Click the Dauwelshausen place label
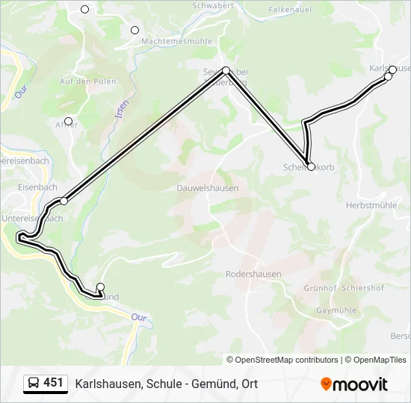(x=208, y=188)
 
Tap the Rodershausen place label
(x=253, y=274)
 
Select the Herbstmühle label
(x=371, y=204)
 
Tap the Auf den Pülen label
(x=87, y=81)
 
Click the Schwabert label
(x=213, y=5)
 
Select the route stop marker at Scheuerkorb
(x=311, y=166)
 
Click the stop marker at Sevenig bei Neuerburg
(x=226, y=70)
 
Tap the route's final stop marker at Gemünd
(x=100, y=287)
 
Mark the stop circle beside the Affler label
(x=68, y=121)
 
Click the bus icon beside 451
(x=33, y=384)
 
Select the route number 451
(x=54, y=383)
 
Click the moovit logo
(x=353, y=384)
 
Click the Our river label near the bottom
(x=139, y=317)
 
